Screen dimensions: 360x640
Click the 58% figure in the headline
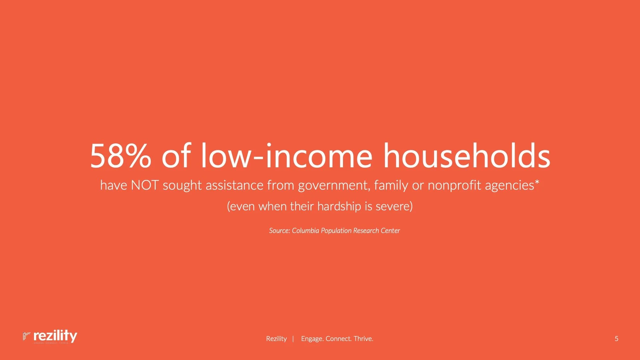(x=120, y=156)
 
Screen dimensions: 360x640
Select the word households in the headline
(x=466, y=156)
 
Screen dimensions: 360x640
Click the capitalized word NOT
(x=145, y=185)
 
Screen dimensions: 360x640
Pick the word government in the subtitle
(x=334, y=185)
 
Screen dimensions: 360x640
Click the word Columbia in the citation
(x=305, y=231)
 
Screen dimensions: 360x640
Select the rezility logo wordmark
(x=55, y=336)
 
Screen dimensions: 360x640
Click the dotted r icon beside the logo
(x=26, y=336)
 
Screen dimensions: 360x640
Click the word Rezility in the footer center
(x=276, y=339)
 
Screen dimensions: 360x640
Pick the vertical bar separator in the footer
(x=293, y=339)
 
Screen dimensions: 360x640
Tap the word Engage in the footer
(x=312, y=339)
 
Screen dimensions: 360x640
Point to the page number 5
(x=616, y=339)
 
